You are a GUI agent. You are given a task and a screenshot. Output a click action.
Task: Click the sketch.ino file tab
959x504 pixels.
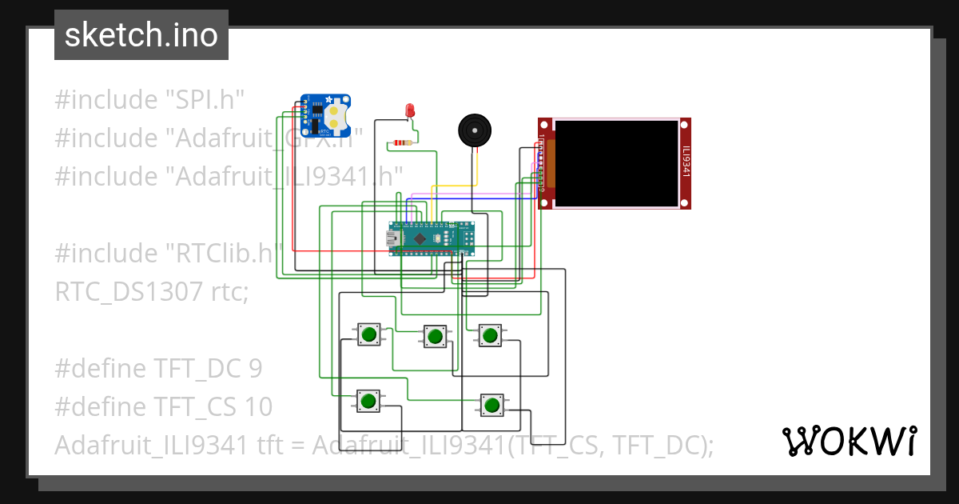coord(141,35)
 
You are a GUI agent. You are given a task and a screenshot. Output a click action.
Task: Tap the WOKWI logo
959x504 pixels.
coord(849,441)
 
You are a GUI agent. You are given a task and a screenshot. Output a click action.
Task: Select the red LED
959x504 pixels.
coord(410,110)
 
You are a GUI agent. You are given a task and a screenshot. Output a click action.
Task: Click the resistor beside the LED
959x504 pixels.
coord(400,144)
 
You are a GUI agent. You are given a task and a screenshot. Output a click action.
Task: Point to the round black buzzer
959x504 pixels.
coord(474,130)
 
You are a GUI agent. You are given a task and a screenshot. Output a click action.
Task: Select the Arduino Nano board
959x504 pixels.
coord(432,238)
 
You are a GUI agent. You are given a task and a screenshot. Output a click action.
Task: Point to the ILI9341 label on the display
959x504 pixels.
coord(685,162)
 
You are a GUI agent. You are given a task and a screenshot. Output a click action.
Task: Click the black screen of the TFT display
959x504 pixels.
coord(615,162)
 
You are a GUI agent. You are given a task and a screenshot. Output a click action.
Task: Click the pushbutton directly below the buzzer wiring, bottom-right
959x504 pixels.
coord(491,405)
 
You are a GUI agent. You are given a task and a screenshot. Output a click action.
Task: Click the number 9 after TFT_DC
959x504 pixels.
coord(254,369)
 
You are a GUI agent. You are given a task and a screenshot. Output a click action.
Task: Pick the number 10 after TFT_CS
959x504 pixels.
coord(260,407)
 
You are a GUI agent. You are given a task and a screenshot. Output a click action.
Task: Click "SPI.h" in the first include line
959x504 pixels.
coord(204,100)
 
